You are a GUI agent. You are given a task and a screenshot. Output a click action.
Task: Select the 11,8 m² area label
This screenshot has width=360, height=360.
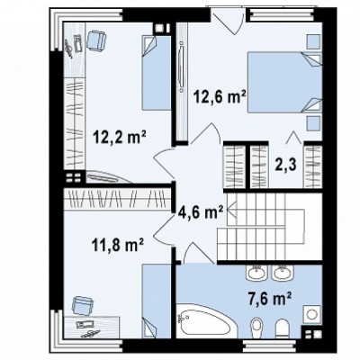point(117,245)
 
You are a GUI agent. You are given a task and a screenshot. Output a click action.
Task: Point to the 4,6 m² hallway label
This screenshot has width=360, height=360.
point(201,212)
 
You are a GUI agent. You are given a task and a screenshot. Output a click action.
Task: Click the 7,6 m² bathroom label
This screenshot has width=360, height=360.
point(270,298)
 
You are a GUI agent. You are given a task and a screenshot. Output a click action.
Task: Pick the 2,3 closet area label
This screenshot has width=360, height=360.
point(286,164)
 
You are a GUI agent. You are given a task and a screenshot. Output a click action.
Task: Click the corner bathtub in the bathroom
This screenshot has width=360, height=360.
point(207,320)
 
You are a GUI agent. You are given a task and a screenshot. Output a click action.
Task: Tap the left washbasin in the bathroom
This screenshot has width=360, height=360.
point(256,273)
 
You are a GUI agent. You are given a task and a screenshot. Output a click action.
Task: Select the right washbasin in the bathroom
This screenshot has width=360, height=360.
point(282,273)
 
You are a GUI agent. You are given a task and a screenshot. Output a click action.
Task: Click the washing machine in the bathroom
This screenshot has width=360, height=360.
point(313,315)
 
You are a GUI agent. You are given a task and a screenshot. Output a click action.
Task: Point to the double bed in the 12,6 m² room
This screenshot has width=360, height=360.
point(284,83)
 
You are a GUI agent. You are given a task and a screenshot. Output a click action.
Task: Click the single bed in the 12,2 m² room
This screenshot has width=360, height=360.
point(156,73)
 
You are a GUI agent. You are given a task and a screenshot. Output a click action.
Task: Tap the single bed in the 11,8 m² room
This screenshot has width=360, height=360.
point(156,301)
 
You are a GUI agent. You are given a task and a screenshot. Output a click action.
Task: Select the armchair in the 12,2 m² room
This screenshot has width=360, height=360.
point(96,40)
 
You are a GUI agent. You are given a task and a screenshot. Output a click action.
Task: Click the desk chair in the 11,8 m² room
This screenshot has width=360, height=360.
point(82,305)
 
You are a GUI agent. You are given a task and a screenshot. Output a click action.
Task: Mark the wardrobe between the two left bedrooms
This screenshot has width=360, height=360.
point(117,200)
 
